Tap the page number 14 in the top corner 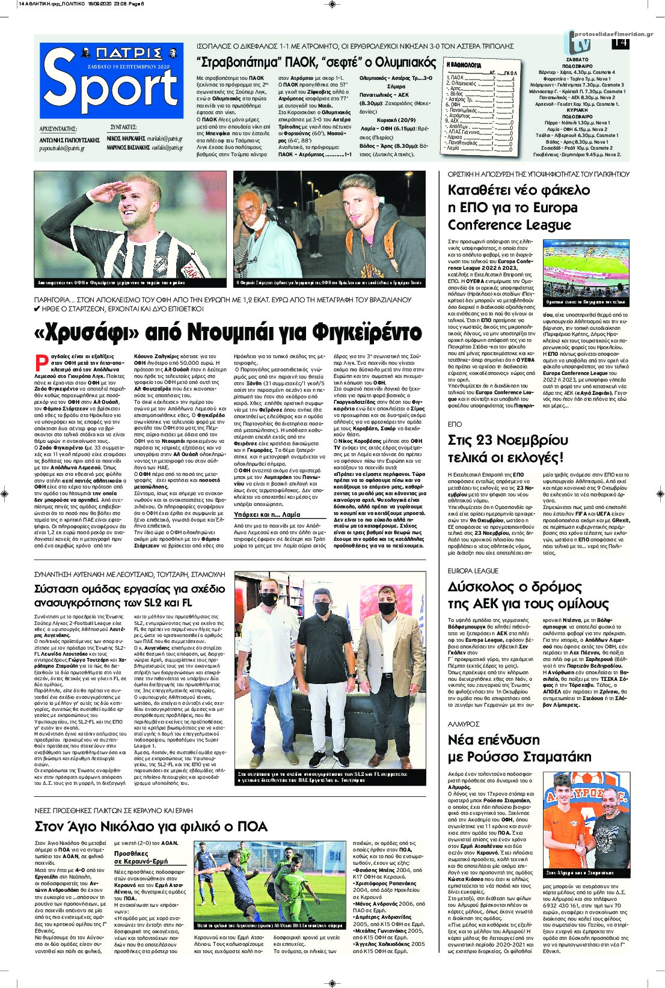620,43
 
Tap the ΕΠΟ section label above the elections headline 455,424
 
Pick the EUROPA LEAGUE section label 473,570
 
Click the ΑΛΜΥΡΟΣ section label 463,724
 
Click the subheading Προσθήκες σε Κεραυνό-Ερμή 141,858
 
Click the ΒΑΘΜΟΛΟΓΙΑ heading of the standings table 463,64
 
